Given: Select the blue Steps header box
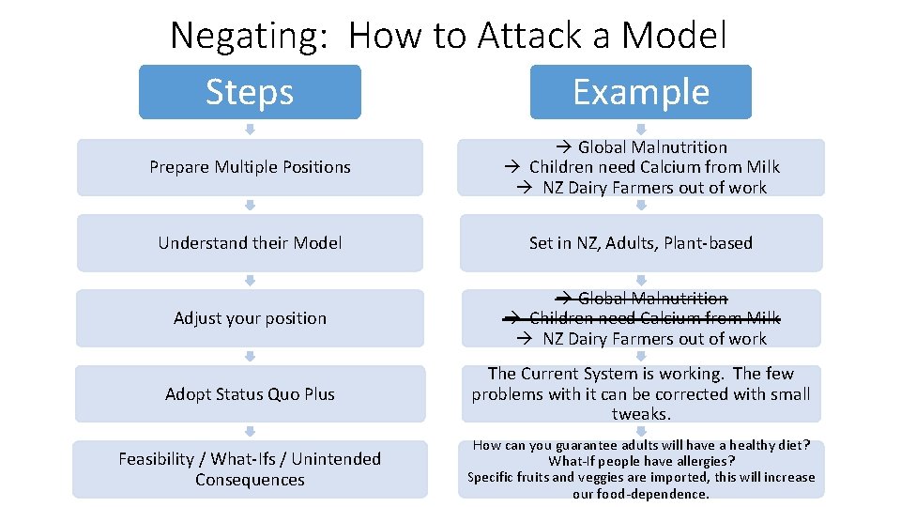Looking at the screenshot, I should point(250,92).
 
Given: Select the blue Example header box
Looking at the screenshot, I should point(640,92).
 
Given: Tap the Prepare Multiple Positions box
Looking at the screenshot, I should point(250,167).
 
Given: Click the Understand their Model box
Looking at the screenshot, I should point(250,243).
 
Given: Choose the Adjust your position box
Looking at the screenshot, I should point(250,318).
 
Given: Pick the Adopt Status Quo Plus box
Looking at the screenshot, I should point(250,394).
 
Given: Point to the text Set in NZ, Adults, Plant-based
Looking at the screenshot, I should point(640,243).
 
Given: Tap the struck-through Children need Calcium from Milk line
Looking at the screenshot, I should point(653,318).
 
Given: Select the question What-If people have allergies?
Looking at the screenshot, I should point(641,461).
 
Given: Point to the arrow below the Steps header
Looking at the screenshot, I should point(250,129).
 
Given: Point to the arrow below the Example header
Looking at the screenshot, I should point(641,129).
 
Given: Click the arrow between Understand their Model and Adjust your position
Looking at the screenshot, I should point(250,280).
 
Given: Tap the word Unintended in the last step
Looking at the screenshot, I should point(336,459).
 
